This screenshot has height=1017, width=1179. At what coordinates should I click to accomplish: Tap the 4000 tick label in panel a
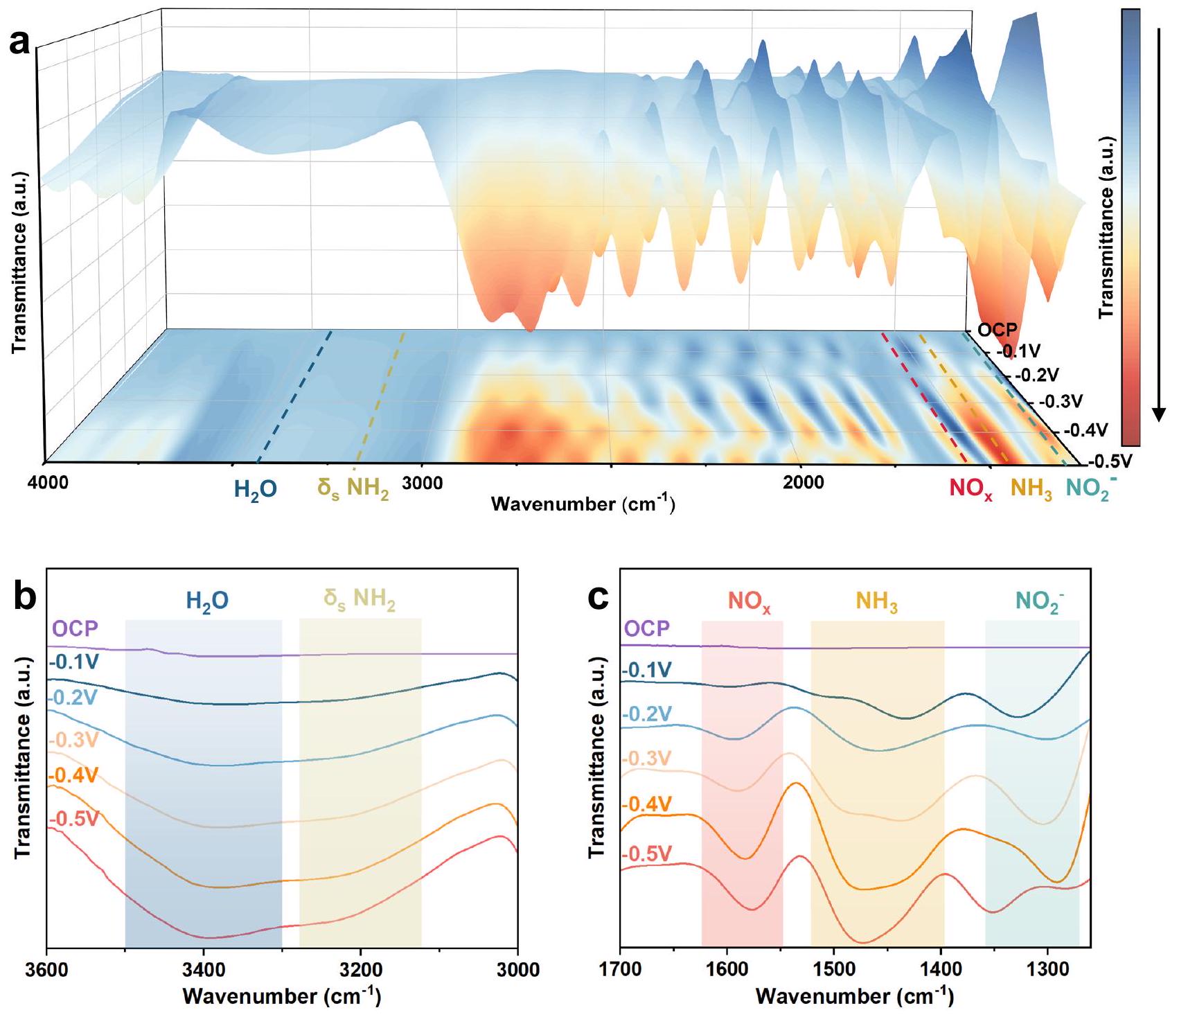click(x=48, y=482)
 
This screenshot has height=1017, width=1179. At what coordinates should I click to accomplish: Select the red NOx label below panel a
click(x=971, y=488)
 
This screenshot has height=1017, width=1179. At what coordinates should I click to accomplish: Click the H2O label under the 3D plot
click(x=256, y=490)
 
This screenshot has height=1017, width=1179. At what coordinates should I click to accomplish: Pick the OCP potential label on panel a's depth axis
click(x=997, y=330)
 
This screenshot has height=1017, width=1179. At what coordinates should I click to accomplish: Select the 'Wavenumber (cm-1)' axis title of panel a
click(x=583, y=504)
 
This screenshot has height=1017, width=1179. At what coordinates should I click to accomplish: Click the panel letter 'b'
click(x=25, y=597)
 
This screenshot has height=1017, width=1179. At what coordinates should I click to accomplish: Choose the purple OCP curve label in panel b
click(x=76, y=629)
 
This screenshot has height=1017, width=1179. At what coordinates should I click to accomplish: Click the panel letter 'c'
click(x=598, y=598)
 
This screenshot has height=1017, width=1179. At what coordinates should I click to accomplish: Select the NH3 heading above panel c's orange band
click(x=876, y=601)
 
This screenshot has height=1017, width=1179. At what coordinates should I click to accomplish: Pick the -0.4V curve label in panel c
click(x=647, y=804)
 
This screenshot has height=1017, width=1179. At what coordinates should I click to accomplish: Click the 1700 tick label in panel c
click(x=620, y=969)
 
